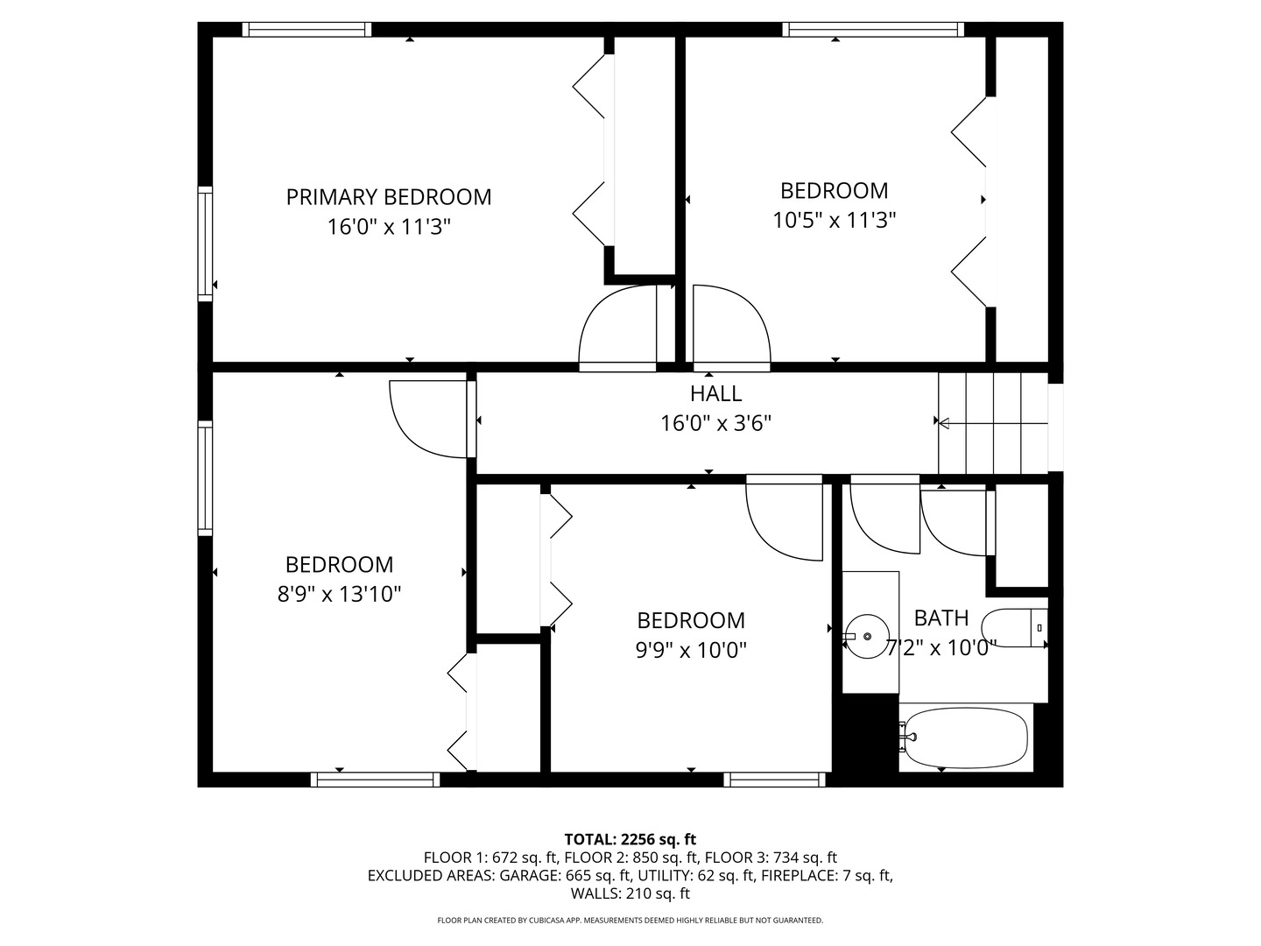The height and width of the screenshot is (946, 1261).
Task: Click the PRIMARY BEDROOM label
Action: (x=389, y=197)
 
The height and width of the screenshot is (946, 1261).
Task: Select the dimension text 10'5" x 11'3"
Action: (x=834, y=220)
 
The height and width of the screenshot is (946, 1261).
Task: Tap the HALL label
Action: (x=715, y=393)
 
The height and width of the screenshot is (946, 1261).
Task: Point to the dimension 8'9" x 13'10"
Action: (x=339, y=595)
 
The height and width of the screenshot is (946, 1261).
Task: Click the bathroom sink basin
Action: (x=867, y=636)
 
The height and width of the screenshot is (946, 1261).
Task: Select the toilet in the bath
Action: (x=1014, y=628)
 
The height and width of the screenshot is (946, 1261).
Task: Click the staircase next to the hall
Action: (x=992, y=423)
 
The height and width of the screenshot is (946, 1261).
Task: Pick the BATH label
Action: (x=941, y=618)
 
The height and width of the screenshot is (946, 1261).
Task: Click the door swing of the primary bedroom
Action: (x=617, y=327)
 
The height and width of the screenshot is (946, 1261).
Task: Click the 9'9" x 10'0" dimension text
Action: (x=691, y=651)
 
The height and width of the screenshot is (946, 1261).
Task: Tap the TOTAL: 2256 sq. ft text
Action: (x=630, y=839)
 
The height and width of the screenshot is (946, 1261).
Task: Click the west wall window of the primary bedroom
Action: (x=205, y=244)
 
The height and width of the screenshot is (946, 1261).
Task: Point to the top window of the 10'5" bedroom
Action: (x=873, y=30)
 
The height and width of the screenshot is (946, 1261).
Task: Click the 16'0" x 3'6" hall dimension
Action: (x=715, y=424)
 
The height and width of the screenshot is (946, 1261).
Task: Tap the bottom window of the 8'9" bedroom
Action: (x=375, y=780)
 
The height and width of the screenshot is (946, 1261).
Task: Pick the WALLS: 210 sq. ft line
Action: (x=630, y=893)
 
